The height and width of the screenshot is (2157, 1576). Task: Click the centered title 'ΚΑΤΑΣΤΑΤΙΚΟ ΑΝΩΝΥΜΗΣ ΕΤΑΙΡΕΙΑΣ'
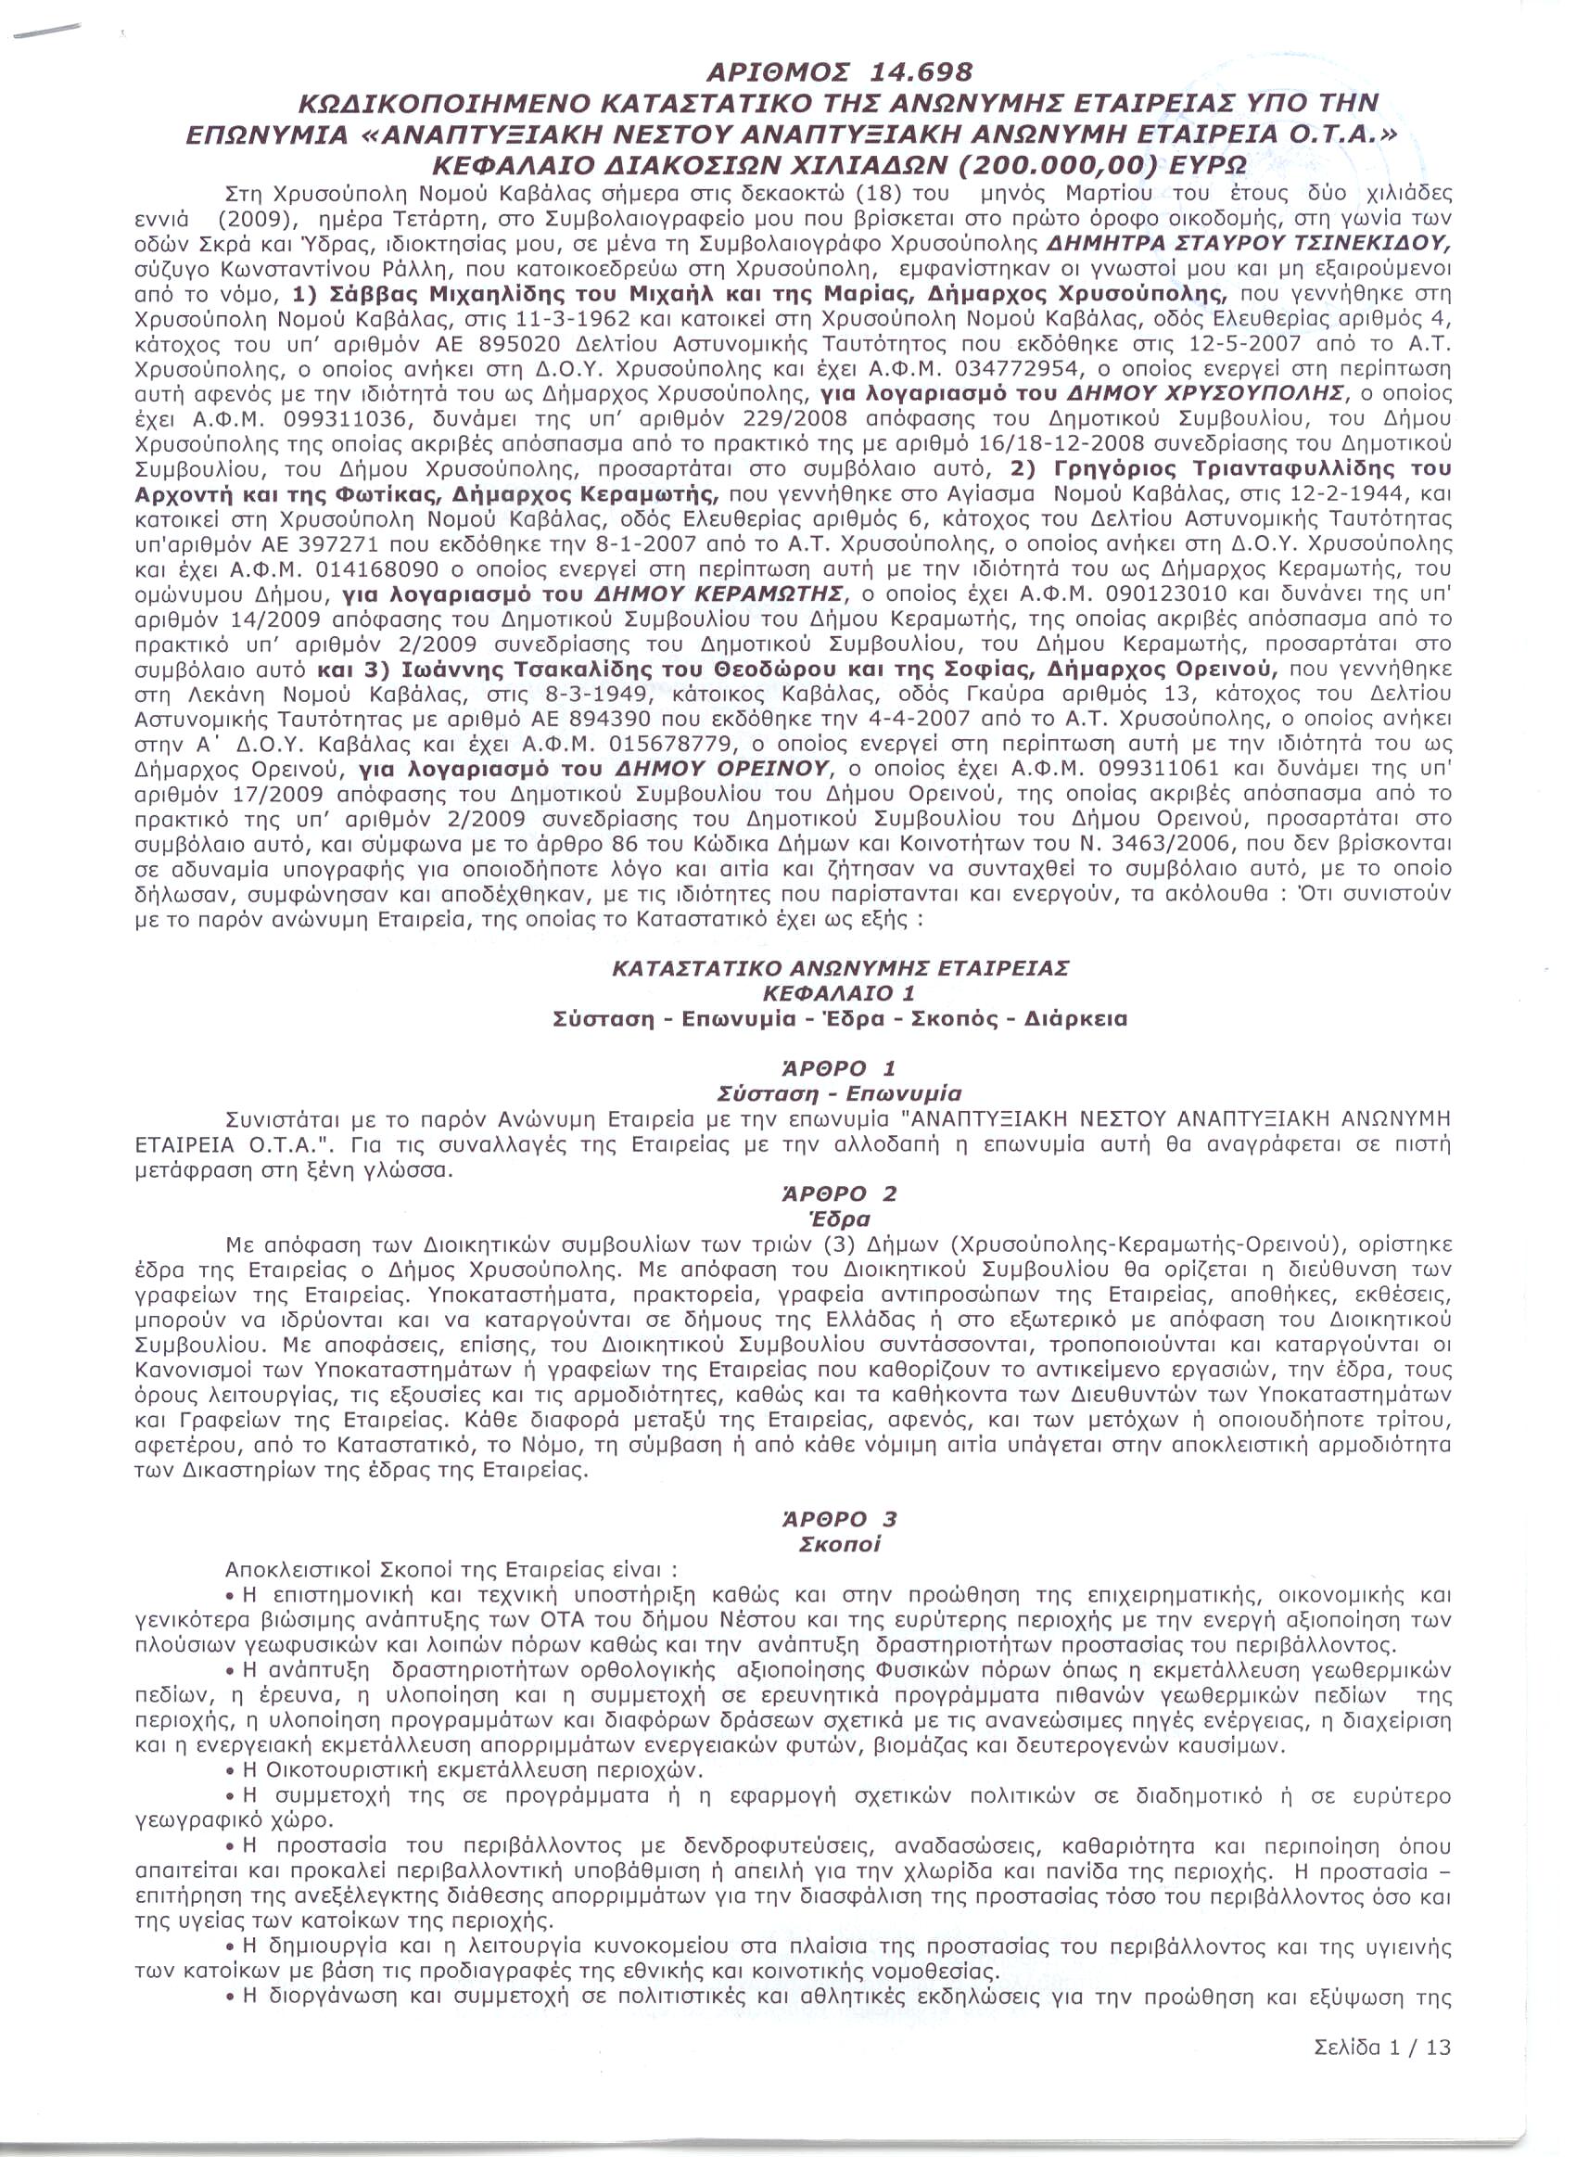click(x=840, y=968)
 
